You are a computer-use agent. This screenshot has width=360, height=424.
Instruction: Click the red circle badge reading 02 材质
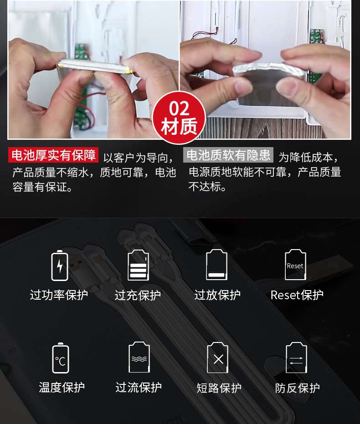pos(179,117)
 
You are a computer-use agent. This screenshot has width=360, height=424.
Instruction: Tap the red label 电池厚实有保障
pos(53,155)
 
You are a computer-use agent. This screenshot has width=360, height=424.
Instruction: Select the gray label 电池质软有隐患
pos(228,155)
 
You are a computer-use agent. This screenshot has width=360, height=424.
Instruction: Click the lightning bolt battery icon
pos(60,266)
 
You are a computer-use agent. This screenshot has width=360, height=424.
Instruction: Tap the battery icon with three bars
pos(138,265)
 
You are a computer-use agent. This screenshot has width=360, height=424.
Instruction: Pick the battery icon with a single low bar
pos(216,265)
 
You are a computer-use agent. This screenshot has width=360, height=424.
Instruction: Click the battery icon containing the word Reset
pos(296,265)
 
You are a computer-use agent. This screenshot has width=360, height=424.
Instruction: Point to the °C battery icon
pos(61,358)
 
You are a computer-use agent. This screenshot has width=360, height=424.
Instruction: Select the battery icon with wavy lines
pos(139,357)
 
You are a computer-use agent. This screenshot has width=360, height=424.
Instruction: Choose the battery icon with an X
pos(218,357)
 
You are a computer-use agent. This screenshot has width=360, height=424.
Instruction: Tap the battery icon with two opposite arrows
pos(297,357)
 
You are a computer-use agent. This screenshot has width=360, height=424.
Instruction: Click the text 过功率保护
pos(59,295)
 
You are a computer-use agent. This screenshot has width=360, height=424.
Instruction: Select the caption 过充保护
pos(138,295)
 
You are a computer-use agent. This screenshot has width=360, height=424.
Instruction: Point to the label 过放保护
pos(217,295)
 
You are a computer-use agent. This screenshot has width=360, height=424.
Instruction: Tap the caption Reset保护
pos(297,295)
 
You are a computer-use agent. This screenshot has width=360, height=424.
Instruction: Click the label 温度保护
pos(62,387)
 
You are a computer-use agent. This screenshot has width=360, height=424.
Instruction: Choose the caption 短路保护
pos(219,388)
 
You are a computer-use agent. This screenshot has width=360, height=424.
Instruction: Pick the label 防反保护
pos(298,388)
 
